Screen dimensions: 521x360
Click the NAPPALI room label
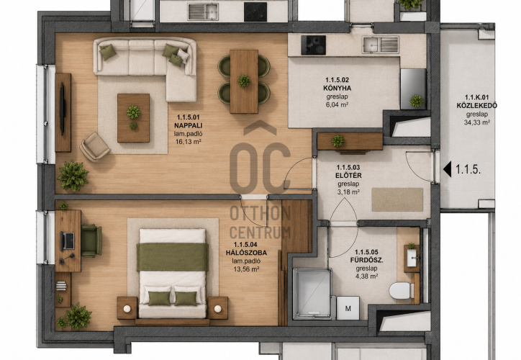pyautogui.click(x=188, y=125)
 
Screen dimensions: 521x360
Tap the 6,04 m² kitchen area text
pyautogui.click(x=337, y=105)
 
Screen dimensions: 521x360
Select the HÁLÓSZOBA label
pyautogui.click(x=246, y=253)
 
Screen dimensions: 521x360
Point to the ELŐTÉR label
pyautogui.click(x=348, y=176)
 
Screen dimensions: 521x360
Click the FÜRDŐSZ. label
pyautogui.click(x=366, y=260)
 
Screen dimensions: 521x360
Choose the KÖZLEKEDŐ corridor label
pyautogui.click(x=477, y=106)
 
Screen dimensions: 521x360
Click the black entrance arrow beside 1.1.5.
pyautogui.click(x=447, y=169)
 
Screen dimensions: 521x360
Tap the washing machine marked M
pyautogui.click(x=348, y=308)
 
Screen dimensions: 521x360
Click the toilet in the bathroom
pyautogui.click(x=402, y=291)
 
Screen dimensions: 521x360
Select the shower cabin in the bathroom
pyautogui.click(x=312, y=294)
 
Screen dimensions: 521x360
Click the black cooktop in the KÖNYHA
pyautogui.click(x=313, y=45)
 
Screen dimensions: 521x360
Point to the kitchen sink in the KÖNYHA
pyautogui.click(x=381, y=45)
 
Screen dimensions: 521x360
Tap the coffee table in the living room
pyautogui.click(x=133, y=118)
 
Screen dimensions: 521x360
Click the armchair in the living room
pyautogui.click(x=95, y=147)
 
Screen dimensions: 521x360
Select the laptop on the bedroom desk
pyautogui.click(x=68, y=240)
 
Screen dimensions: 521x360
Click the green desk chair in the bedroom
pyautogui.click(x=91, y=240)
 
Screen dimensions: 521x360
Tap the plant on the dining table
pyautogui.click(x=244, y=81)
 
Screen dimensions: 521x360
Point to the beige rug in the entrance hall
pyautogui.click(x=397, y=199)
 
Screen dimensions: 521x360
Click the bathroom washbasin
pyautogui.click(x=412, y=257)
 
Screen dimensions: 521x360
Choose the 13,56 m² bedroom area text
pyautogui.click(x=246, y=269)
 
